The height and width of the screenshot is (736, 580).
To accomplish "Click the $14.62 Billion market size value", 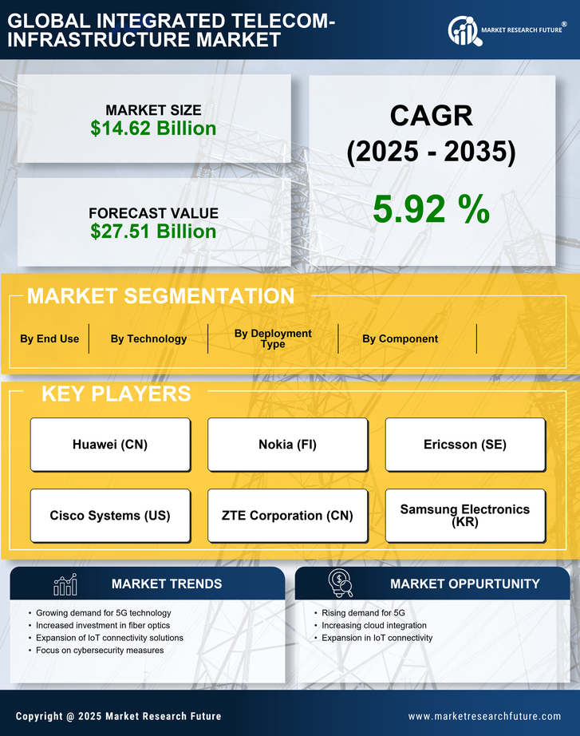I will pos(153,129).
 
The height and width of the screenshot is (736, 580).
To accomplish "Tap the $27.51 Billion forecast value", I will pos(153,231).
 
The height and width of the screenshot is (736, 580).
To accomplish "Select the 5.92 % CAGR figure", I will pos(431,209).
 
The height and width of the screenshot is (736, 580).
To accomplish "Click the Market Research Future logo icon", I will pos(464,31).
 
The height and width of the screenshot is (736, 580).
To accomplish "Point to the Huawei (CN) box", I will pos(110,445).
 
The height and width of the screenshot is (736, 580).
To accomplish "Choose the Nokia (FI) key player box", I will pos(288,445).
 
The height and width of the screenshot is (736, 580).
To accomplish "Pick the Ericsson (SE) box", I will pos(465,445).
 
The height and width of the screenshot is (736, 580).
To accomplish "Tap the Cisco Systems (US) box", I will pos(110,516).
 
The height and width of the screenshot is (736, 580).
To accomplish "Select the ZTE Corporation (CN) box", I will pos(288,516).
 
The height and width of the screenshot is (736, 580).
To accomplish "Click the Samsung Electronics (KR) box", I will pos(465,516).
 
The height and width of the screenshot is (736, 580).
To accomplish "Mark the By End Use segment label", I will pos(49,338).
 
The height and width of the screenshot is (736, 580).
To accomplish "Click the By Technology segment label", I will pos(148,338).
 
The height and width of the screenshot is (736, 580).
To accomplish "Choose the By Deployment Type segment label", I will pos(273,338).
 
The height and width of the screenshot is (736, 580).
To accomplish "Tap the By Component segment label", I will pos(400,338).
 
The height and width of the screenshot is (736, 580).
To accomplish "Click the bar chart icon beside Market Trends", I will pos(65,584).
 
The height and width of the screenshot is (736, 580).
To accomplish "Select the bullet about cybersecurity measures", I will pos(100,651).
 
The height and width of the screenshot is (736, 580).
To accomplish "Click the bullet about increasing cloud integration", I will pos(373,625).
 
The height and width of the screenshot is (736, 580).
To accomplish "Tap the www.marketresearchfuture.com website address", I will pos(484,716).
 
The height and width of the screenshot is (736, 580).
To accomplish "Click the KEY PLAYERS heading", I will pos(116,394).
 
